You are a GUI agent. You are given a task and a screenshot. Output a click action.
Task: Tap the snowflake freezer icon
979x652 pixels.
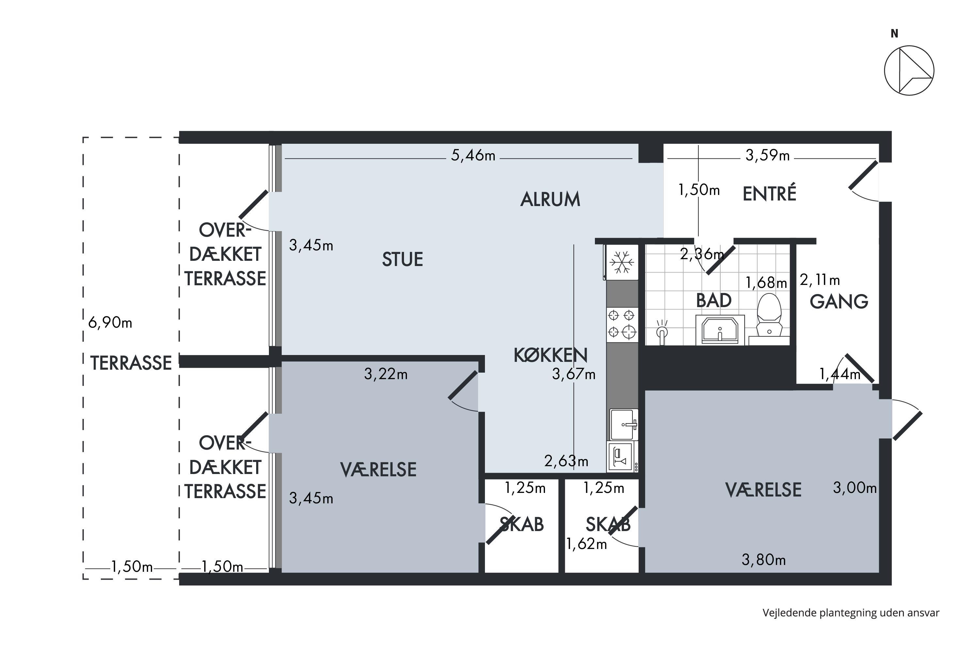coord(622,262)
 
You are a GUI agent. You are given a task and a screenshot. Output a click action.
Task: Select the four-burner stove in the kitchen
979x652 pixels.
coord(622,325)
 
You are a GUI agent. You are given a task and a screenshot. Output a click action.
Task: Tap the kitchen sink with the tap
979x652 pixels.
coord(624,424)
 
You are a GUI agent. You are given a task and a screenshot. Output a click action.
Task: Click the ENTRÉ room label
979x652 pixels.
coord(769,194)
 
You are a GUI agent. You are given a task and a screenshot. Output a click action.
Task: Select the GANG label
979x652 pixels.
coord(839,302)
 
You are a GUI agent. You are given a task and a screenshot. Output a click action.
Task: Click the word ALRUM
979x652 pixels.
coord(550,199)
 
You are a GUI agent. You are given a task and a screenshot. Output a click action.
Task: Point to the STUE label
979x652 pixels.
coord(402,259)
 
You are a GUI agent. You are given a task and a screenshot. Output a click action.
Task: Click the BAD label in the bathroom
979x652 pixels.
coord(713,300)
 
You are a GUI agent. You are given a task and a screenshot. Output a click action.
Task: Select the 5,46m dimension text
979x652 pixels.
coord(473,156)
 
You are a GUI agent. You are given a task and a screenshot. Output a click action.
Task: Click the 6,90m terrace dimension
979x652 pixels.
coord(110,322)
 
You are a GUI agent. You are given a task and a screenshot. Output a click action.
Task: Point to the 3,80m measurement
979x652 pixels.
coord(763,560)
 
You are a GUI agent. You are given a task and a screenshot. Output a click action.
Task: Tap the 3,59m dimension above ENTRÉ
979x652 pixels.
coord(767,156)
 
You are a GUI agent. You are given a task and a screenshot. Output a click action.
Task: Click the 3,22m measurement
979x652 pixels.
coord(386,374)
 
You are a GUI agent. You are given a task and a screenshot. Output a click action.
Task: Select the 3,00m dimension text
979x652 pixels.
coord(855,488)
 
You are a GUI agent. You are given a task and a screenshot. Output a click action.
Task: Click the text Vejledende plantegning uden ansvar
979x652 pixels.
coord(851,613)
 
